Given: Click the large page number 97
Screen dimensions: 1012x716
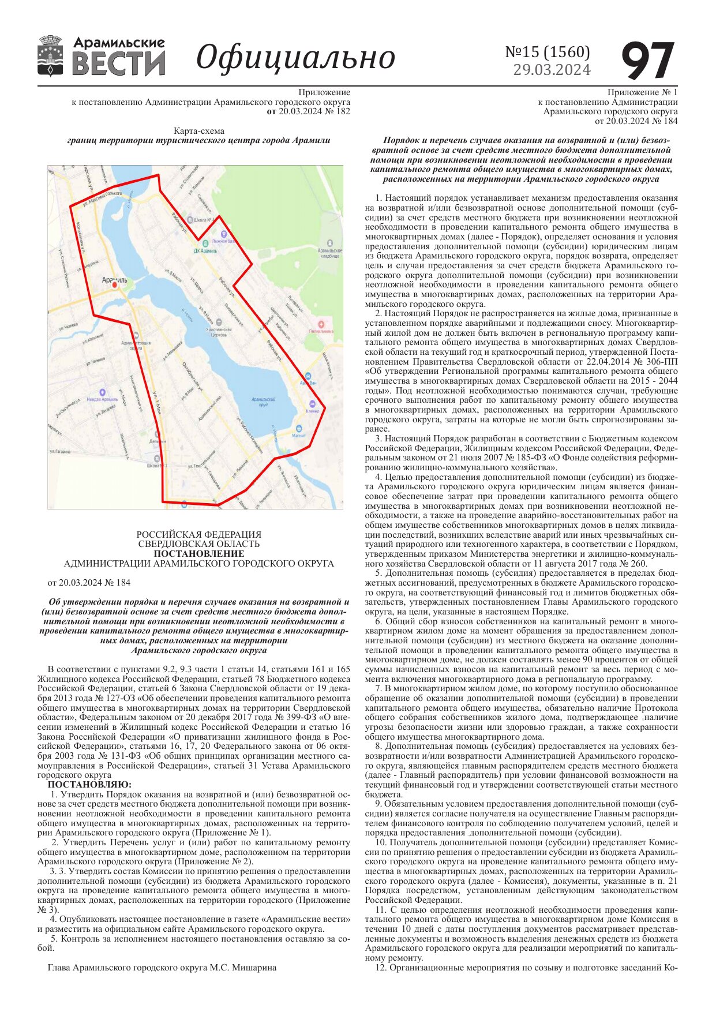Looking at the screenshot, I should pyautogui.click(x=648, y=61).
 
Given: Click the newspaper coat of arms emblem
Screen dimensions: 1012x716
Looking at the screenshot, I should pyautogui.click(x=50, y=56).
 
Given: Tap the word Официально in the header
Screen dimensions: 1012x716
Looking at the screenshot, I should pyautogui.click(x=295, y=57).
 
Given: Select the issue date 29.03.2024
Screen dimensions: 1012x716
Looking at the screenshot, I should pyautogui.click(x=552, y=70).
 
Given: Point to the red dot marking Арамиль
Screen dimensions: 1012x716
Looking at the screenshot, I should pyautogui.click(x=114, y=285).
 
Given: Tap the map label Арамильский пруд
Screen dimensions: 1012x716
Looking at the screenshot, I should pyautogui.click(x=264, y=401).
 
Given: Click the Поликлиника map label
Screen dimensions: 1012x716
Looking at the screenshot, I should pyautogui.click(x=321, y=331).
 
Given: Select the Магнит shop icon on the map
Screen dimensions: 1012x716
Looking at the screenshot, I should pyautogui.click(x=299, y=429).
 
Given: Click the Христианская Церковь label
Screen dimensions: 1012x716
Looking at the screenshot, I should pyautogui.click(x=219, y=332).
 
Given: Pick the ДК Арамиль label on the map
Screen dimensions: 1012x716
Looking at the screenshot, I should pyautogui.click(x=205, y=251).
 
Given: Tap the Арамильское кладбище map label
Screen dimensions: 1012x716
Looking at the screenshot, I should pyautogui.click(x=329, y=252).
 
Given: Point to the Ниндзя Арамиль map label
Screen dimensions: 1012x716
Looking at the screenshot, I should pyautogui.click(x=102, y=399).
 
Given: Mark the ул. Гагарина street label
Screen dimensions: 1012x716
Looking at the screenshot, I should pyautogui.click(x=60, y=451).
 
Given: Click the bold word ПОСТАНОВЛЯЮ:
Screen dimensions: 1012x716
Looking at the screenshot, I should pyautogui.click(x=89, y=785).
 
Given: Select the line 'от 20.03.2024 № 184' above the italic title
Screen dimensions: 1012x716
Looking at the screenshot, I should pyautogui.click(x=89, y=583).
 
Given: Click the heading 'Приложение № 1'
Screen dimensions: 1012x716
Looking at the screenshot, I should pyautogui.click(x=642, y=92).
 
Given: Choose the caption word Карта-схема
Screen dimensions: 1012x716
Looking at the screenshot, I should pyautogui.click(x=198, y=131).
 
